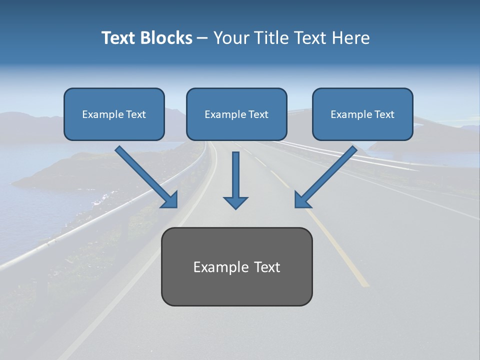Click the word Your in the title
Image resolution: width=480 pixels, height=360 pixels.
(231, 38)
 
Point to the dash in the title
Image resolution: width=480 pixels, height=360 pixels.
(203, 38)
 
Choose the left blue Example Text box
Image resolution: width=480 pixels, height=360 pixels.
(114, 114)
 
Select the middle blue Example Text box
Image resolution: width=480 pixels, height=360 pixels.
(236, 114)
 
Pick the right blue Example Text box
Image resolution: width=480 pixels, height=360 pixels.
(362, 114)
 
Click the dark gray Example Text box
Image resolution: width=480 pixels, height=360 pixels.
(236, 266)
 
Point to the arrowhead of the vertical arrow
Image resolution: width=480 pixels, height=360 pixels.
(235, 202)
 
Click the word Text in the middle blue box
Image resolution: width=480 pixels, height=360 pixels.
(258, 114)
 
